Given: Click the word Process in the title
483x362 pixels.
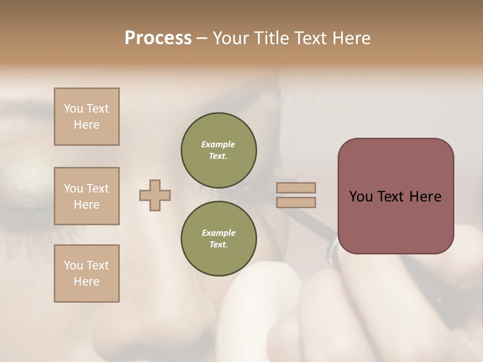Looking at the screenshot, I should pyautogui.click(x=158, y=38).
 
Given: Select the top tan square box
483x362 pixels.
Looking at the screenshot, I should pyautogui.click(x=87, y=117).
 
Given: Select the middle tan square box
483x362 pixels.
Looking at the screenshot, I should pyautogui.click(x=87, y=196).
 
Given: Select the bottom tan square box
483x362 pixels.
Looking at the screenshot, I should pyautogui.click(x=87, y=274).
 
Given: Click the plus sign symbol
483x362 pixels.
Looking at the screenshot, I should pyautogui.click(x=155, y=195).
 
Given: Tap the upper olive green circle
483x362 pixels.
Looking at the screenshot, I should pyautogui.click(x=218, y=150).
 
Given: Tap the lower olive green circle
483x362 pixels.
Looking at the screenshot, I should pyautogui.click(x=218, y=238).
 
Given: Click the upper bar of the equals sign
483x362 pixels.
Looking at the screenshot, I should pyautogui.click(x=296, y=188).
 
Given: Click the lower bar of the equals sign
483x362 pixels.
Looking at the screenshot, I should pyautogui.click(x=296, y=203).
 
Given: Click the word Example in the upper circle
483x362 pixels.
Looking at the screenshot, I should pyautogui.click(x=218, y=144).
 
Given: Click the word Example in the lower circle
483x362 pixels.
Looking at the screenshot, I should pyautogui.click(x=218, y=233).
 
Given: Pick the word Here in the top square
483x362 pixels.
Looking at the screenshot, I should pyautogui.click(x=87, y=125).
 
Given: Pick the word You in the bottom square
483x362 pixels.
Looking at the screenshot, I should pyautogui.click(x=73, y=265).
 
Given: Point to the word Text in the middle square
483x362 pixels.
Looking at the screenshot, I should pyautogui.click(x=98, y=189).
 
